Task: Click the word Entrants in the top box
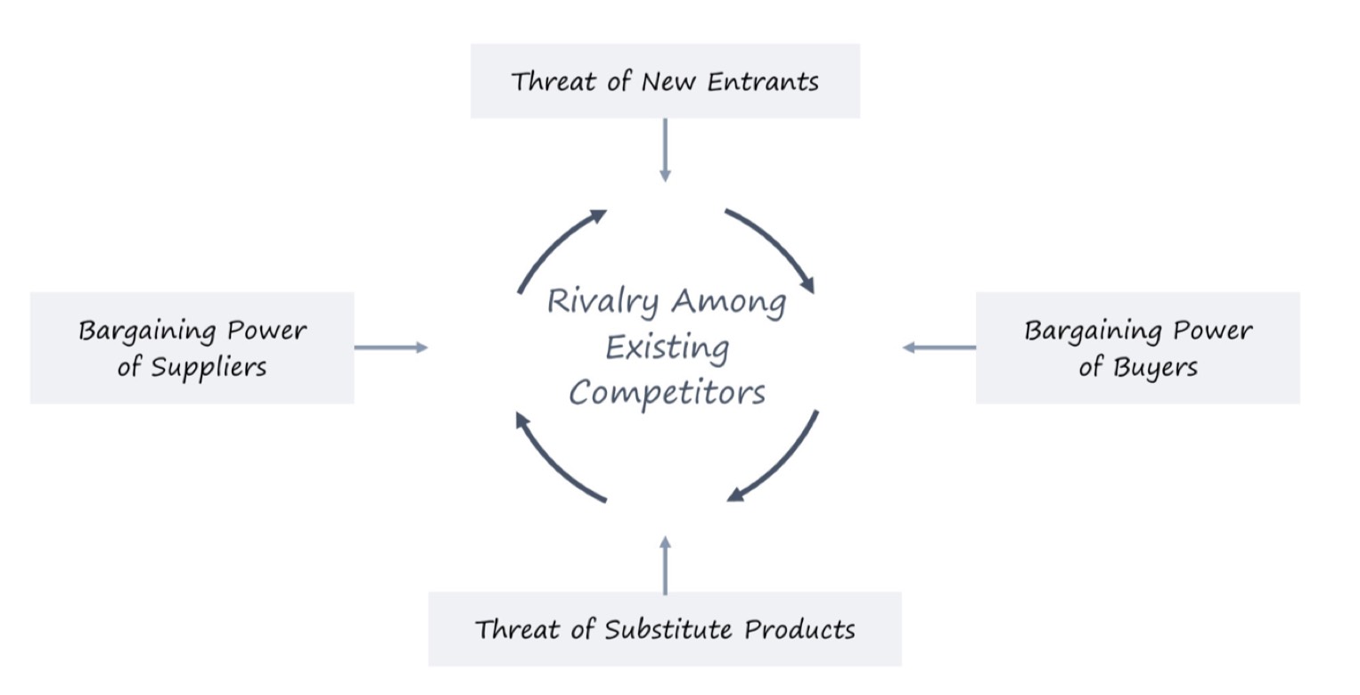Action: coord(763,81)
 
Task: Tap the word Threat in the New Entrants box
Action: coord(553,81)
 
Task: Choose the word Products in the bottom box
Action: coord(799,629)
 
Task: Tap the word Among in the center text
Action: coord(729,303)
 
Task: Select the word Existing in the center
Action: coord(668,348)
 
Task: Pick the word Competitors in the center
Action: coord(667,393)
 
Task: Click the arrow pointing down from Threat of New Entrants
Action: coord(665,150)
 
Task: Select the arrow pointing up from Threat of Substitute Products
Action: coord(665,565)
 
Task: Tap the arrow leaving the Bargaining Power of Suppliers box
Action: coord(391,347)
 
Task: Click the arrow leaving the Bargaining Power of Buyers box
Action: coord(938,347)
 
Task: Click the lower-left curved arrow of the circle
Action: coord(553,462)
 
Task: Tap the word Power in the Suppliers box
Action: coord(266,331)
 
